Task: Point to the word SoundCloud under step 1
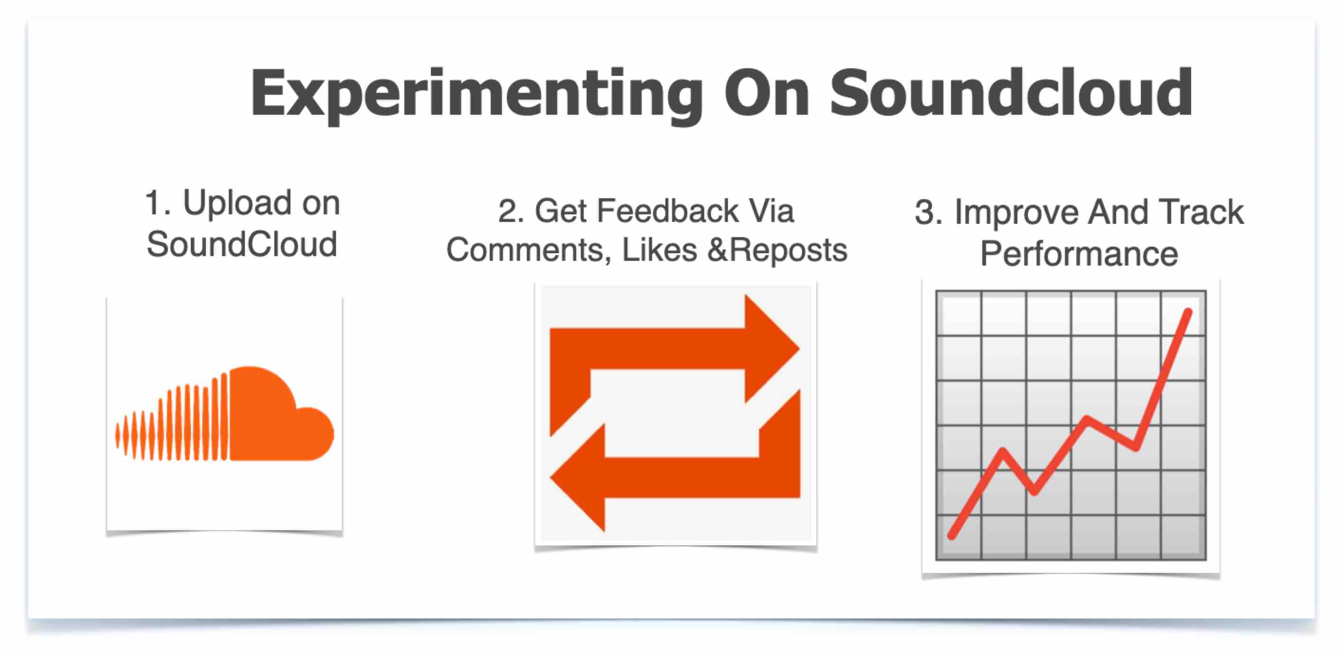242,244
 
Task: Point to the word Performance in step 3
1079,254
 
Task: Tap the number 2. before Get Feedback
511,211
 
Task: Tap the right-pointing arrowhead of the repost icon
772,349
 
